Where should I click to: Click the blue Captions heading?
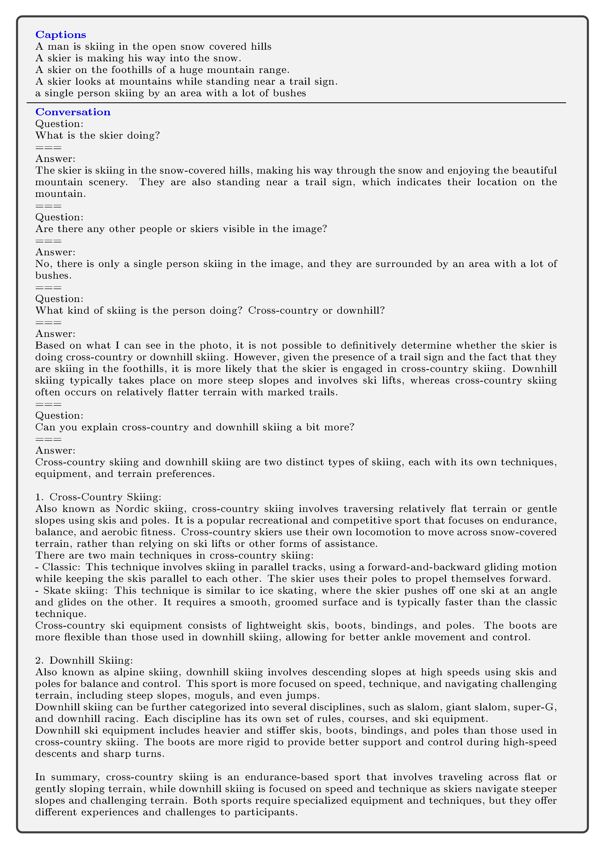coord(61,35)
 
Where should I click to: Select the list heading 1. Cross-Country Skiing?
coord(98,497)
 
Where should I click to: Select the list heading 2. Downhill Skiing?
coord(84,661)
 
